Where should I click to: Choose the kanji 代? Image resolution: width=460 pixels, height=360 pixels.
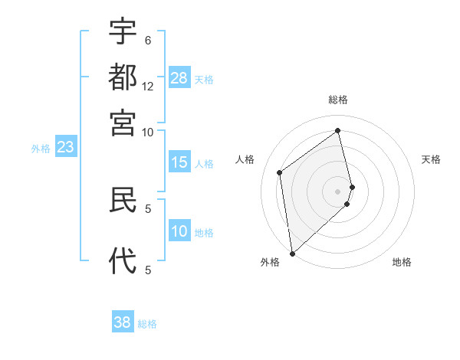pos(123,260)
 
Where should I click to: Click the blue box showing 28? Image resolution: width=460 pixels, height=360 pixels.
pos(179,78)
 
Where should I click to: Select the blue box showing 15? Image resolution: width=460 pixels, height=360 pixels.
pos(179,162)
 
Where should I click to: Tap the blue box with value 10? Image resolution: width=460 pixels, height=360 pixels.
pos(179,231)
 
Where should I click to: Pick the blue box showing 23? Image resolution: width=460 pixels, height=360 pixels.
pos(65,147)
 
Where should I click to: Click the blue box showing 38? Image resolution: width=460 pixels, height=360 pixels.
pos(123,322)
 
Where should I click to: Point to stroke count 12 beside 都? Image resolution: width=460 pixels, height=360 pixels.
pos(148,87)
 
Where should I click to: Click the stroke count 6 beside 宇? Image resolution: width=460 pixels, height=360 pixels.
pos(148,40)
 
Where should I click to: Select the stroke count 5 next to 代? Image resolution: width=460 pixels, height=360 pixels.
pos(148,270)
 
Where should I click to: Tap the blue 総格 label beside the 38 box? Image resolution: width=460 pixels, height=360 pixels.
pos(147,324)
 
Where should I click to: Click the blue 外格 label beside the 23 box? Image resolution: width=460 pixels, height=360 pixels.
pos(41,149)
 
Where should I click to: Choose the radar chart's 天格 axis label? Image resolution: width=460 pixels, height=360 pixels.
pos(431,159)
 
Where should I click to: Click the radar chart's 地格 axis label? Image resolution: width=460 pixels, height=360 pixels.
pos(402,262)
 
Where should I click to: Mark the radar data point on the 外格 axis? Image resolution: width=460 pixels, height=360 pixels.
pos(292,253)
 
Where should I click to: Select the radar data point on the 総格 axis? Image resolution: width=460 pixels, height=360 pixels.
pos(338,131)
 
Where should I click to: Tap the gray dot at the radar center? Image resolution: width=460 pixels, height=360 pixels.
pos(338,191)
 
